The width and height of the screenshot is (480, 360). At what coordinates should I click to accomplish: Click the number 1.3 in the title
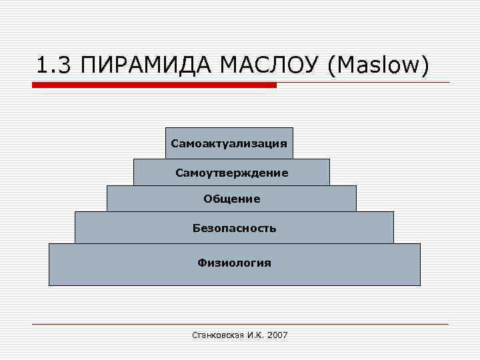pyautogui.click(x=52, y=66)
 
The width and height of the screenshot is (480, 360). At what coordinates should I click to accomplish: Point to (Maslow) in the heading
pyautogui.click(x=377, y=66)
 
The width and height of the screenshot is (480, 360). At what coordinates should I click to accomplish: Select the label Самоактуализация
pyautogui.click(x=229, y=143)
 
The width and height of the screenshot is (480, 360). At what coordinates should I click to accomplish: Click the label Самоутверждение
pyautogui.click(x=231, y=173)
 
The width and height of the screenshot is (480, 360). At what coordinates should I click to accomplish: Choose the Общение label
pyautogui.click(x=231, y=199)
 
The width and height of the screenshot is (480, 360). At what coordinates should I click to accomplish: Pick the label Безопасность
pyautogui.click(x=234, y=228)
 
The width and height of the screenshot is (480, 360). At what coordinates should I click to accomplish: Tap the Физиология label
pyautogui.click(x=234, y=263)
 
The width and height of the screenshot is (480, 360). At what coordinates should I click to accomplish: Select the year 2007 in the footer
pyautogui.click(x=277, y=335)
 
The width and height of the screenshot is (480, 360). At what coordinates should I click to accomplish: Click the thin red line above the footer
pyautogui.click(x=240, y=325)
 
